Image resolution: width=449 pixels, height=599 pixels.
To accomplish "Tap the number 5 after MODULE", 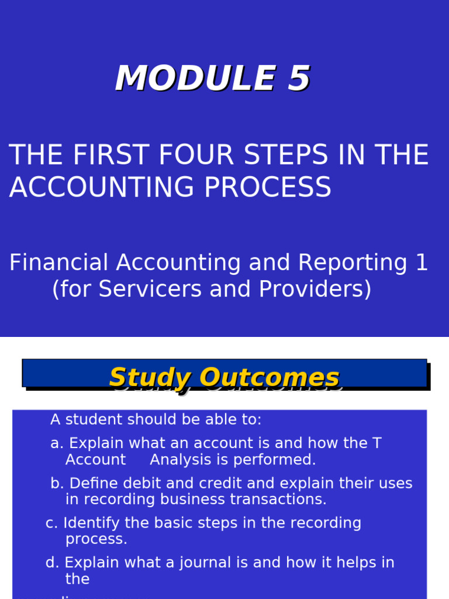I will tap(298, 79).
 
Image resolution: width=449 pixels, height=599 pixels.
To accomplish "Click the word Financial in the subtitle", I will tap(59, 263).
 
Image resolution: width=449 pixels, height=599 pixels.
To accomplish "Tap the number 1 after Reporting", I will tap(422, 263).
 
